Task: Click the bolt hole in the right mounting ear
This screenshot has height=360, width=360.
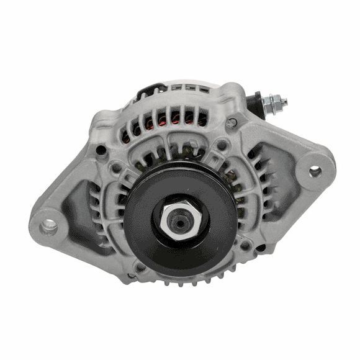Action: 315,171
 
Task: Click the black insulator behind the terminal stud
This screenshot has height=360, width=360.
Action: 254,103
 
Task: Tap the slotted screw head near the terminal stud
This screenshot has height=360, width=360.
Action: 232,123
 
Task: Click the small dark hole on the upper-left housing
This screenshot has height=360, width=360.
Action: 101,150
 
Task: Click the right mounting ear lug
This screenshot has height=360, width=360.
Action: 313,169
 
